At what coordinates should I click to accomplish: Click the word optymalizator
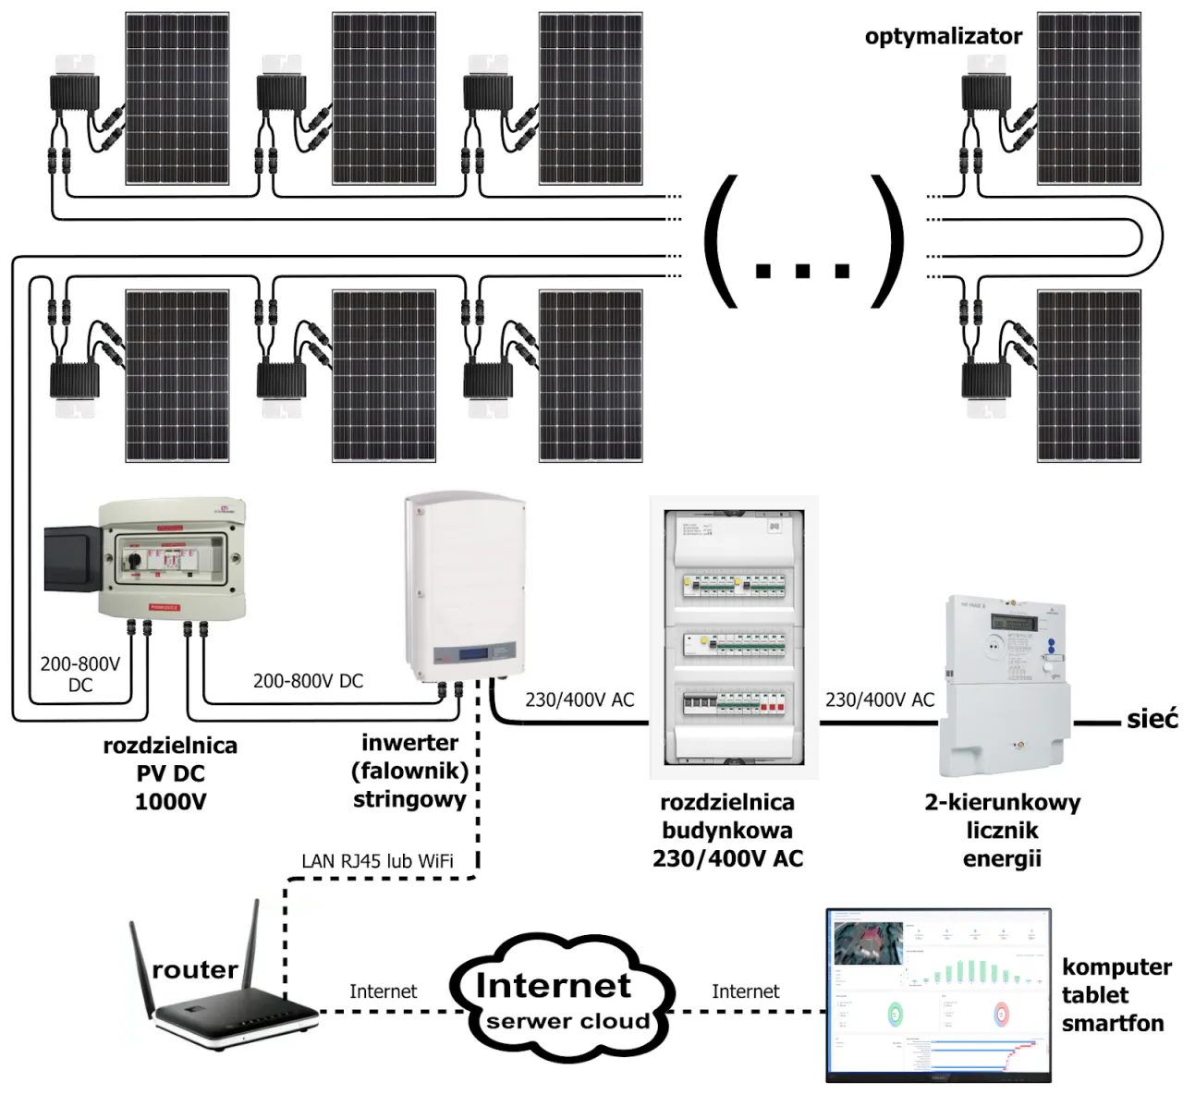[943, 37]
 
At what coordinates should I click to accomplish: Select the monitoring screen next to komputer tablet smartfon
[938, 995]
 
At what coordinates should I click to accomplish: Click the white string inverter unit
[465, 586]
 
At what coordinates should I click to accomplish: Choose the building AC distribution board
[734, 638]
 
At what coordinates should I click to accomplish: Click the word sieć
[1152, 719]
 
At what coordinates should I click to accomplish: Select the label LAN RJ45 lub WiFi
[377, 861]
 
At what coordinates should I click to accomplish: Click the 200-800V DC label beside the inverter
[308, 681]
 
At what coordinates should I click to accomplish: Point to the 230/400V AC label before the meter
[879, 700]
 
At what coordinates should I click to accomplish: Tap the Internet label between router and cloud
[383, 991]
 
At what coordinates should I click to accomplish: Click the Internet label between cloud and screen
[745, 991]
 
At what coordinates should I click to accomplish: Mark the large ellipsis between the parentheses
[802, 270]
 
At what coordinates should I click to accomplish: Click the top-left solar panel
[177, 98]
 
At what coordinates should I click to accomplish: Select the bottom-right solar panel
[1089, 375]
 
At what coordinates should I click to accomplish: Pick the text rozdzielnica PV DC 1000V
[170, 773]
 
